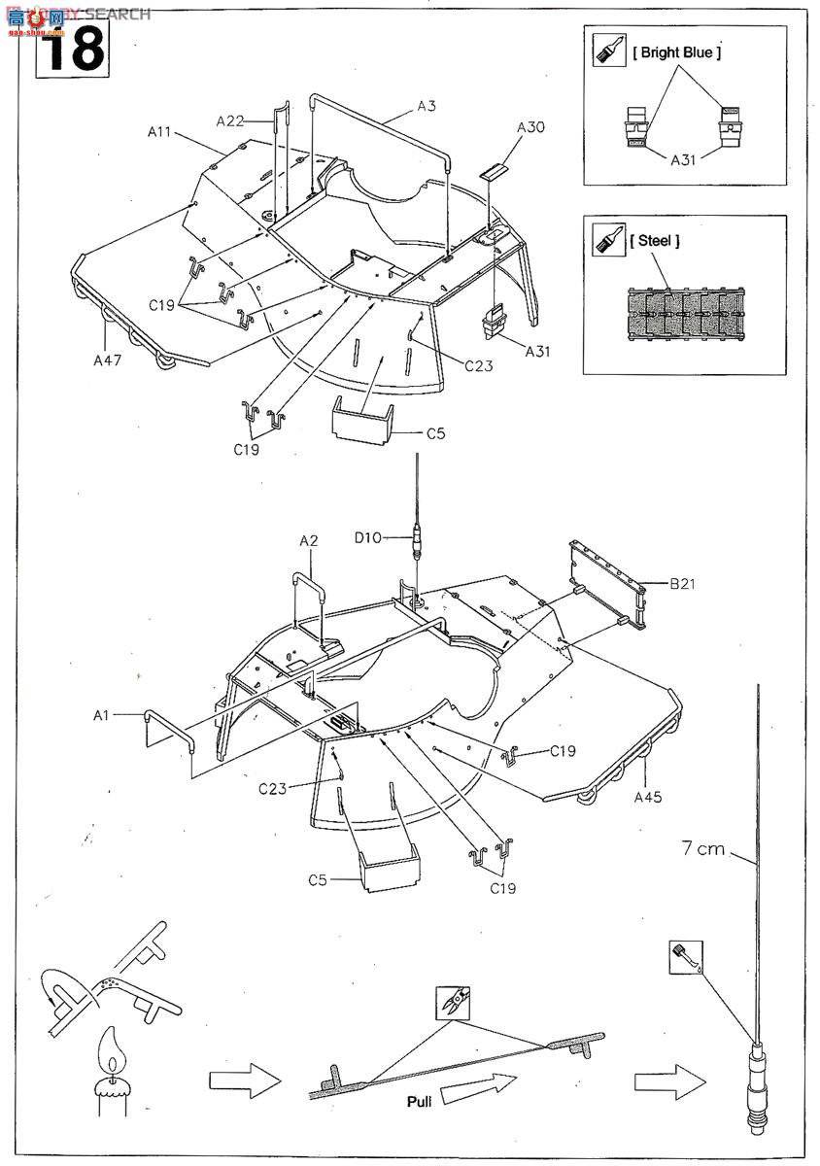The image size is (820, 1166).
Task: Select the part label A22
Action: pos(230,120)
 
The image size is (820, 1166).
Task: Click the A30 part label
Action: pos(531,127)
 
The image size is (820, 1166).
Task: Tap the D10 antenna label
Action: pos(367,536)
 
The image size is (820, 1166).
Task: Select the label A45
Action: pos(646,797)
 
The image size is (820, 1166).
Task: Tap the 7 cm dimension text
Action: pos(703,848)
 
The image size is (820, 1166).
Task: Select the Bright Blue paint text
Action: pos(677,52)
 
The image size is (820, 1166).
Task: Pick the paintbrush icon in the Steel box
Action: pos(609,239)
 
